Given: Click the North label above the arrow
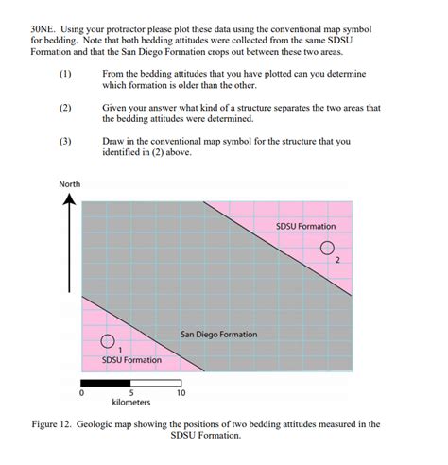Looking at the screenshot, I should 70,183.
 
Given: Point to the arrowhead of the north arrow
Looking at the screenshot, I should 70,202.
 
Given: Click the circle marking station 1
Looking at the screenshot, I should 108,340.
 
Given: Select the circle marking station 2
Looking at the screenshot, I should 327,250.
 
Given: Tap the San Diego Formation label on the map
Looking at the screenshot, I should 218,334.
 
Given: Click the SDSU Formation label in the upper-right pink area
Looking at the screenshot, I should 305,226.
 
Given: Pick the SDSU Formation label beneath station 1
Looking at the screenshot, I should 131,360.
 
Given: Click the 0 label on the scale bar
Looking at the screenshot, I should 81,392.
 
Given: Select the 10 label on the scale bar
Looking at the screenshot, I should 179,392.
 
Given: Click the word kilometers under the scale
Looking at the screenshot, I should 130,403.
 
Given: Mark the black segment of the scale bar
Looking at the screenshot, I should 106,382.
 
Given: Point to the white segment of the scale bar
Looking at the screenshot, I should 154,382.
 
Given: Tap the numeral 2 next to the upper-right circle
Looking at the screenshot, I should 336,261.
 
